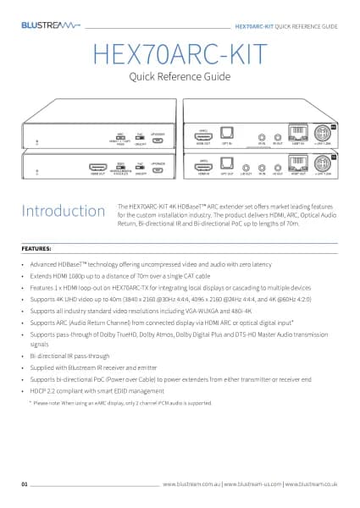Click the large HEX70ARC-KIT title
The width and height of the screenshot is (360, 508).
click(x=180, y=56)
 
